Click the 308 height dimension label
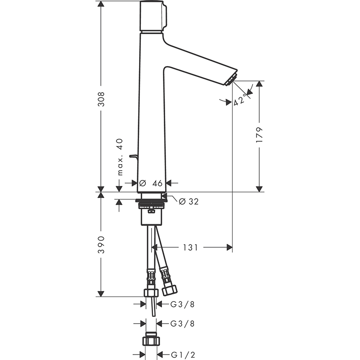[x=101, y=99]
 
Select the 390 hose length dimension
[x=101, y=245]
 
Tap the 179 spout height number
[x=259, y=135]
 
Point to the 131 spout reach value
[x=190, y=247]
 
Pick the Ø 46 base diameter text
[x=151, y=183]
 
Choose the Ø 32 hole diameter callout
[x=189, y=201]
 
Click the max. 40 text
[x=120, y=157]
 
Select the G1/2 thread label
[x=183, y=355]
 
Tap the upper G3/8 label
[x=183, y=304]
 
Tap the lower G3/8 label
[x=183, y=324]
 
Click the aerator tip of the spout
[x=231, y=79]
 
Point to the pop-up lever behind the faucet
[x=134, y=156]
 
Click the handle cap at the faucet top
[x=153, y=16]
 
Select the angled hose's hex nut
[x=170, y=290]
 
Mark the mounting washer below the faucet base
[x=151, y=201]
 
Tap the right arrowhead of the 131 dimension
[x=229, y=247]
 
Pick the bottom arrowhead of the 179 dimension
[x=259, y=189]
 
